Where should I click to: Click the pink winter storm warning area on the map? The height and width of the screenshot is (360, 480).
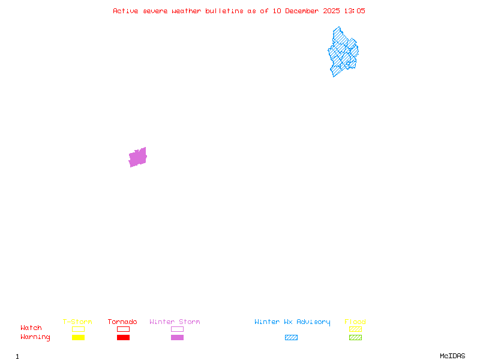[137, 157]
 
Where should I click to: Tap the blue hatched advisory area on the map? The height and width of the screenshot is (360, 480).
[343, 53]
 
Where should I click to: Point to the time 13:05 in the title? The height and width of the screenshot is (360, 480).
[354, 11]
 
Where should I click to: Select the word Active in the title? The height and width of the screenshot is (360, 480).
[126, 11]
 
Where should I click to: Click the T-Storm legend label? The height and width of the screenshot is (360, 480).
[77, 322]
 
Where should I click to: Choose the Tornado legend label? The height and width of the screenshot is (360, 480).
[122, 322]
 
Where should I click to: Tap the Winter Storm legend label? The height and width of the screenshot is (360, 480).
[175, 322]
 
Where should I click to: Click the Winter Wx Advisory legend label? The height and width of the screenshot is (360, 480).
[292, 322]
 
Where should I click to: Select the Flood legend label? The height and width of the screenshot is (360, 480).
[355, 322]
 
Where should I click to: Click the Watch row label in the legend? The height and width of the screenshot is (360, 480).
[31, 328]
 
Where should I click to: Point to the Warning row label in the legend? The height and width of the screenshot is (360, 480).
[35, 337]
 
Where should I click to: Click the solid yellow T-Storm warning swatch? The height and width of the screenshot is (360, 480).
[78, 338]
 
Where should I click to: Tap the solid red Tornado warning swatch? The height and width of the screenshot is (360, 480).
[123, 338]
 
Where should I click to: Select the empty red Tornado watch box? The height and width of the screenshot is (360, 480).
[123, 329]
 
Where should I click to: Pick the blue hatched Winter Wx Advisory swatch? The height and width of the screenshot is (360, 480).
[291, 338]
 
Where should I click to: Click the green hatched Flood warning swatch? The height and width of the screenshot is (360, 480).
[355, 338]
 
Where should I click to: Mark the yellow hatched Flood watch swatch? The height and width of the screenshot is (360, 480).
[355, 329]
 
